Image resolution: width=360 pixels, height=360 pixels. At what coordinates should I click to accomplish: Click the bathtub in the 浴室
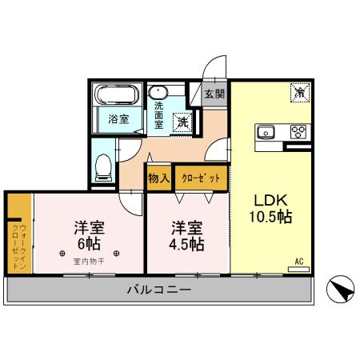pyautogui.click(x=115, y=95)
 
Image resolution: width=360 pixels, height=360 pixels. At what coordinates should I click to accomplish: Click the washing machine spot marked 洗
pyautogui.click(x=183, y=122)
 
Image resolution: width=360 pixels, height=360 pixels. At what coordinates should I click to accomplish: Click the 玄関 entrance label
pyautogui.click(x=214, y=94)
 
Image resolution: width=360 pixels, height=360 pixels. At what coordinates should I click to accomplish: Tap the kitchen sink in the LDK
pyautogui.click(x=266, y=132)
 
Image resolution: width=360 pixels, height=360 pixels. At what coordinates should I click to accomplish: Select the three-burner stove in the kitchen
pyautogui.click(x=298, y=132)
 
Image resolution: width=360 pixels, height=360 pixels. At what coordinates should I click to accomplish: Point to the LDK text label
pyautogui.click(x=270, y=199)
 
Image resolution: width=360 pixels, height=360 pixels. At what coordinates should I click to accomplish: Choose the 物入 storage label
pyautogui.click(x=158, y=178)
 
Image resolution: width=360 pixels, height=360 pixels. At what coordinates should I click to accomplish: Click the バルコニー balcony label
pyautogui.click(x=158, y=290)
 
